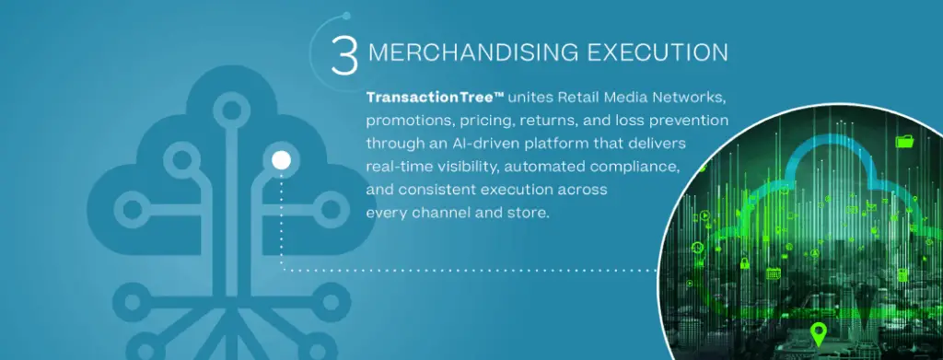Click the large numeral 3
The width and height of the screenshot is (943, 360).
(x=344, y=54)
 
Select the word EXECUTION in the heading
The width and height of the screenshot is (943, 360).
(x=658, y=52)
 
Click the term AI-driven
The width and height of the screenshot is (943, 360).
(x=465, y=145)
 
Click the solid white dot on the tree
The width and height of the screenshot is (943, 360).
(x=282, y=160)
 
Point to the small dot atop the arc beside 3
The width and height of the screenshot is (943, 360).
(x=346, y=17)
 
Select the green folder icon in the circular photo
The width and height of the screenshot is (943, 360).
(x=904, y=142)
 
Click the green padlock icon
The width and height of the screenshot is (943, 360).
(x=744, y=262)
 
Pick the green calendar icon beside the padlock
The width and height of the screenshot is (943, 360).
(x=774, y=273)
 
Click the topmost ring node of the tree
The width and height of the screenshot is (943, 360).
(x=231, y=110)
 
